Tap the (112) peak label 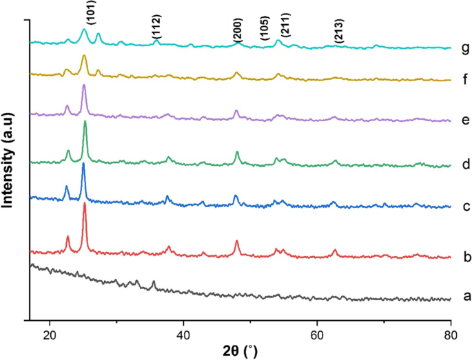pyautogui.click(x=157, y=28)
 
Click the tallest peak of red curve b pyautogui.click(x=85, y=204)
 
